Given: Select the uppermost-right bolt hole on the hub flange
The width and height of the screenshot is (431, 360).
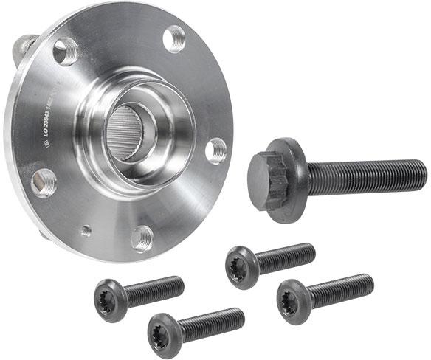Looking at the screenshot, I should (x=174, y=38).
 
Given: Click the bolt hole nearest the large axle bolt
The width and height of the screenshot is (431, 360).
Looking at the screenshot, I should (x=215, y=150).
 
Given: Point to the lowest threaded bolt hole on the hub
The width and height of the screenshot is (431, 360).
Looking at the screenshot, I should (x=142, y=238).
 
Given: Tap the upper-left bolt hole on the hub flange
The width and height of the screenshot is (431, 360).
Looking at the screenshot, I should (x=66, y=52).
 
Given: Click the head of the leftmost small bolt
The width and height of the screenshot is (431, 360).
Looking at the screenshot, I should (x=108, y=299).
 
